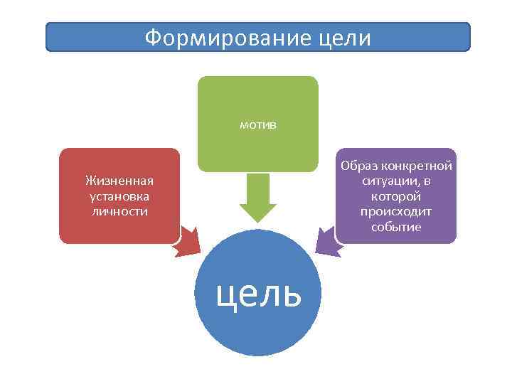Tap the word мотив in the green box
point(258,125)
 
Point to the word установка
point(119,196)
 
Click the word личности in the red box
point(119,211)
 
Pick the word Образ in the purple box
point(358,166)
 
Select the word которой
point(396,196)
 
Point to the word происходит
point(396,212)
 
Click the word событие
point(396,227)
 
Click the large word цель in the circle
point(259,292)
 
